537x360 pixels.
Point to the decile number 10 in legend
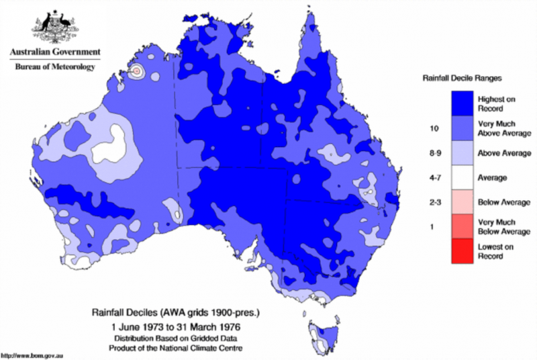tap(433, 128)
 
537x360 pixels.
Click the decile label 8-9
tap(433, 152)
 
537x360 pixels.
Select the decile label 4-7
tap(433, 177)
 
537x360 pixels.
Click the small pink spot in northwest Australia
tap(137, 71)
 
